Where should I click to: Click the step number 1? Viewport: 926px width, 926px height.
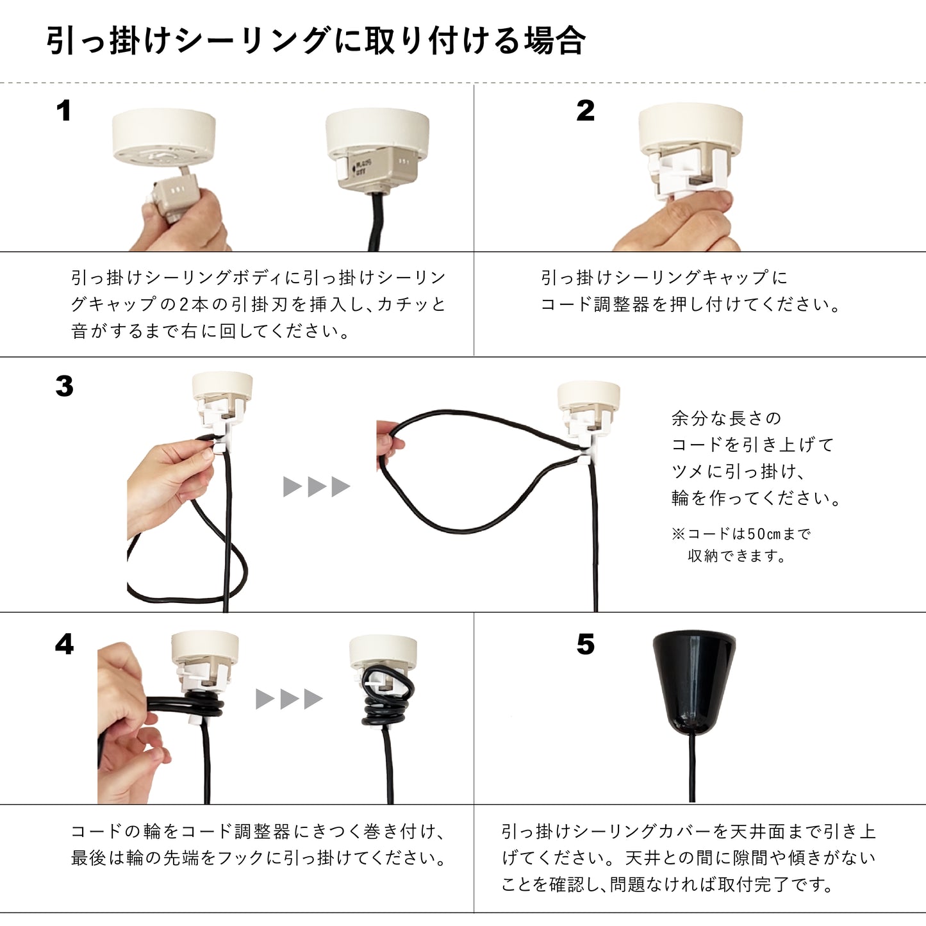click(63, 111)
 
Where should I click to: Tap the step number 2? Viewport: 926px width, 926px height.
click(585, 111)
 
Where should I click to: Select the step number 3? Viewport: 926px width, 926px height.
click(64, 386)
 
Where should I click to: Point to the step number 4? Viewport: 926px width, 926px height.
click(64, 644)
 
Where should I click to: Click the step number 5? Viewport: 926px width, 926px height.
click(585, 644)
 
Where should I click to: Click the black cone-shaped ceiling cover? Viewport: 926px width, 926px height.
click(693, 682)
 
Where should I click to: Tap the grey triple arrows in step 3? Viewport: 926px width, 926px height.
click(317, 486)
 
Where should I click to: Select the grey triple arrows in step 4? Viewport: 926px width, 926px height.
click(289, 699)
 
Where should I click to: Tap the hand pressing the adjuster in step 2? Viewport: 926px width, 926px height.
click(679, 224)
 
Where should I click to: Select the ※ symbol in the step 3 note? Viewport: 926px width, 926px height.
click(678, 534)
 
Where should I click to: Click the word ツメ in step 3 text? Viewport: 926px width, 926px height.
click(688, 472)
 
